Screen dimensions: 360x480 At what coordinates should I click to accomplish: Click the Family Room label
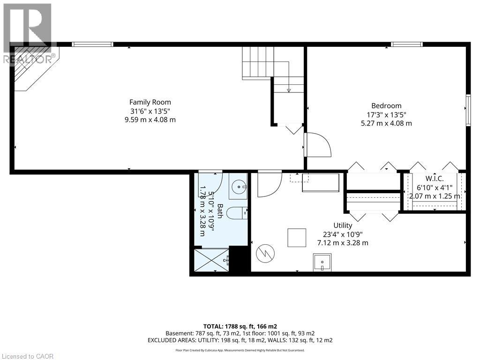[150, 102]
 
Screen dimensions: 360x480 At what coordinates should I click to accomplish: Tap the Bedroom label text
[386, 106]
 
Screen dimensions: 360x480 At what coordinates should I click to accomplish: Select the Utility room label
[343, 225]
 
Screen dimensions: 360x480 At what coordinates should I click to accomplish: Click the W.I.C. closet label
[435, 179]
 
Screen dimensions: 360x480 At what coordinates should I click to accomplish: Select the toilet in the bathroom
[237, 214]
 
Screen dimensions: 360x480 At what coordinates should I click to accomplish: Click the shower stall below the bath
[212, 259]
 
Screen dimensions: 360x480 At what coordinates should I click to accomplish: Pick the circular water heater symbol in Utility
[265, 254]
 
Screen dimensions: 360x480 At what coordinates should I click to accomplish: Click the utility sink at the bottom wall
[322, 262]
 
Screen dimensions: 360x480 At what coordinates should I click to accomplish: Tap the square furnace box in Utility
[297, 238]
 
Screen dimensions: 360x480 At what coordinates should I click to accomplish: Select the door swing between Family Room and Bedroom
[317, 145]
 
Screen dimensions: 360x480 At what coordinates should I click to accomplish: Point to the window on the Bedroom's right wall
[467, 110]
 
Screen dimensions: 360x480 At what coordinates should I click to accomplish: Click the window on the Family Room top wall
[92, 45]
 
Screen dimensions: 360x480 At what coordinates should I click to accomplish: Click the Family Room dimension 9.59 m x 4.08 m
[150, 120]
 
